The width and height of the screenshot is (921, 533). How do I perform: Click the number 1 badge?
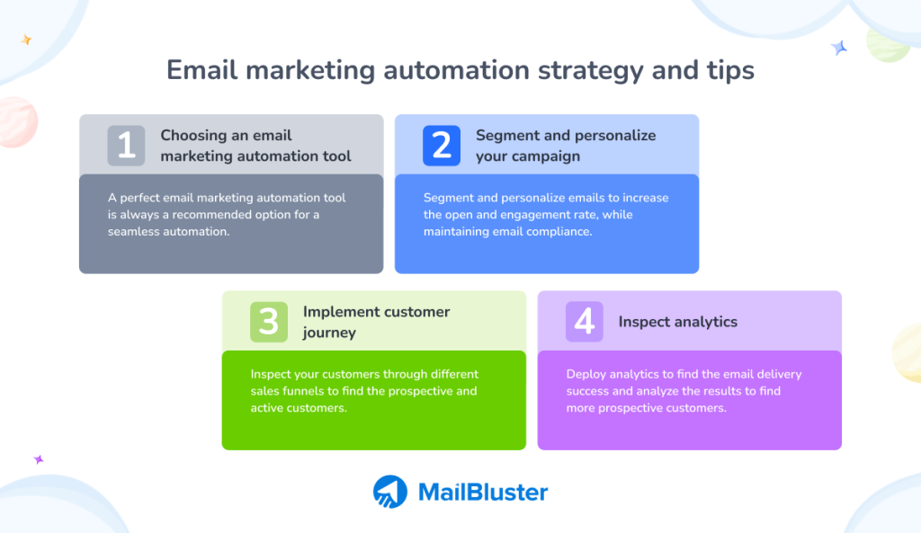pos(126,146)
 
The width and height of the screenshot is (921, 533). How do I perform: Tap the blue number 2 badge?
pos(442,146)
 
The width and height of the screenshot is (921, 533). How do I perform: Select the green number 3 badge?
pos(269,322)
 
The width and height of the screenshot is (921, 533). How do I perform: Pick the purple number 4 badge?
pos(585,322)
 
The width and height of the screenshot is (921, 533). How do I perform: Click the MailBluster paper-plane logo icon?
pos(390,492)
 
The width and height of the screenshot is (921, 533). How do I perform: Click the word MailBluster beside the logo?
pos(483,492)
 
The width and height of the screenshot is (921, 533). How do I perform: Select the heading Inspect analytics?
pos(678,323)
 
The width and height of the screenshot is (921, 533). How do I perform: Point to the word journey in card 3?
pos(329,333)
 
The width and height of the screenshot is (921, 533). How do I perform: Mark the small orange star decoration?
pos(26,40)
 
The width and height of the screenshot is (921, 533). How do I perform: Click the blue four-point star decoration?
pos(839,48)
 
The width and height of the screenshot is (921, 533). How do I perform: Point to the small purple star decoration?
pos(39,459)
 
